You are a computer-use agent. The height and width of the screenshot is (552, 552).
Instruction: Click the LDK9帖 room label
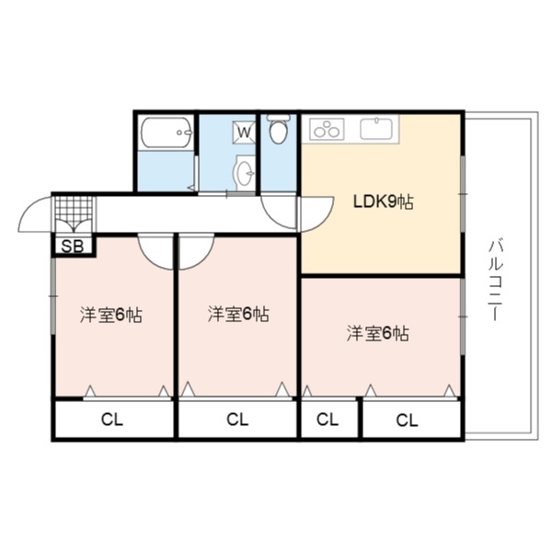point(384,202)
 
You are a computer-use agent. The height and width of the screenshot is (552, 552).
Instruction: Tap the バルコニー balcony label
point(496,281)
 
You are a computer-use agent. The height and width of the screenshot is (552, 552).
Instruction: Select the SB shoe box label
point(73,247)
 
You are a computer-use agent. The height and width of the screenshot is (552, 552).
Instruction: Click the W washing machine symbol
point(245,132)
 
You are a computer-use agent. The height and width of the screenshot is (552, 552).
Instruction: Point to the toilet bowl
point(279,129)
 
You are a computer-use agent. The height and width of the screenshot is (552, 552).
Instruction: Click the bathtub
point(167,132)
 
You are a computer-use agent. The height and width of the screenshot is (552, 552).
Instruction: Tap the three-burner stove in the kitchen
point(327,129)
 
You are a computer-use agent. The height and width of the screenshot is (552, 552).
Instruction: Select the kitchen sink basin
point(376,128)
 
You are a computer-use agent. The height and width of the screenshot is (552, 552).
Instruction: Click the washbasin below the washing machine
point(244,173)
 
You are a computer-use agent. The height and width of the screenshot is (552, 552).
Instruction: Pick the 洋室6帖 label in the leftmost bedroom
point(111,315)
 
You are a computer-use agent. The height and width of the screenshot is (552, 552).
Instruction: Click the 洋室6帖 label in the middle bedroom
point(238,314)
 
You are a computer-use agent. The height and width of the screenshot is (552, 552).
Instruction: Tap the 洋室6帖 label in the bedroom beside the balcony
point(378,333)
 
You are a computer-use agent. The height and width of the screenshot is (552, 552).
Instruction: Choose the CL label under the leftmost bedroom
point(112,420)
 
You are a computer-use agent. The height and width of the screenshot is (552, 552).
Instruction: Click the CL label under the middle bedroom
point(237,420)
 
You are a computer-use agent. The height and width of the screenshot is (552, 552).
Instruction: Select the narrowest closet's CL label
point(328,420)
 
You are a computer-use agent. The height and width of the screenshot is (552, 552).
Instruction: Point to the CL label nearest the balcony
point(408,420)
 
